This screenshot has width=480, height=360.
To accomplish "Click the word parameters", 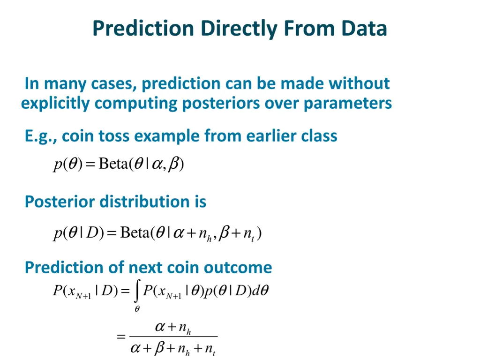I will click(347, 103).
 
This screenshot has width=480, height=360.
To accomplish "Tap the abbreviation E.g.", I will click(41, 136).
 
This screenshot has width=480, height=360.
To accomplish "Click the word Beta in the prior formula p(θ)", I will click(113, 165).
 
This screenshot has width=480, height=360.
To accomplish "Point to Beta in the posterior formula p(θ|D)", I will click(135, 232).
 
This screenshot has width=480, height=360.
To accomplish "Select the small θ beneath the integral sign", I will click(137, 309).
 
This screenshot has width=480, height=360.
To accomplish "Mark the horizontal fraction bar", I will click(173, 336).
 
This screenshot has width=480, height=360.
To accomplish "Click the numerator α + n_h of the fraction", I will click(173, 328).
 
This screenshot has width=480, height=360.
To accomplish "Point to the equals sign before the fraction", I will click(121, 336).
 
